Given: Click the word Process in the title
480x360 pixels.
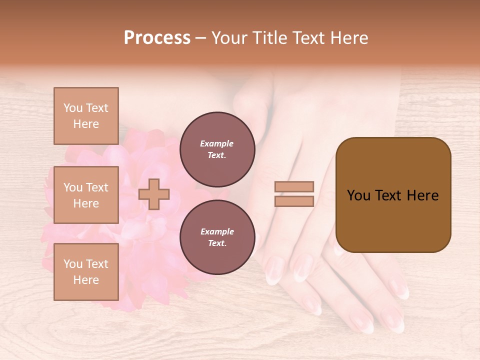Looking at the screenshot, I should click(157, 38).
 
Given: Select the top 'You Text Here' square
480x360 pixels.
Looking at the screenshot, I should click(86, 116).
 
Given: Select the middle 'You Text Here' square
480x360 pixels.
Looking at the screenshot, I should click(86, 195).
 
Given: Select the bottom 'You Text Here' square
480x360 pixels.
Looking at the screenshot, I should click(86, 271).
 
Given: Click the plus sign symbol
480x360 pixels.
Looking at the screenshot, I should click(154, 194).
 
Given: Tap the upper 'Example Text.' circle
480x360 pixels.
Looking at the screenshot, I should click(217, 149).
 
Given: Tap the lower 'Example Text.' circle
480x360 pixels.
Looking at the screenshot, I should click(217, 237).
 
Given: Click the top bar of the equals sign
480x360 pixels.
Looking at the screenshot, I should click(294, 187).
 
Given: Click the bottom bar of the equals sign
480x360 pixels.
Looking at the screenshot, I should click(294, 201).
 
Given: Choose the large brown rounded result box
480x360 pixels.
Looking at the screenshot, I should click(393, 195).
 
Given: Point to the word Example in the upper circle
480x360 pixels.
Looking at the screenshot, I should click(217, 144).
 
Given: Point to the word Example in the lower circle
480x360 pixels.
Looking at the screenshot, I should click(217, 232).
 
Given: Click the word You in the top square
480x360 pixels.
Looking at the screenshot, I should click(72, 108).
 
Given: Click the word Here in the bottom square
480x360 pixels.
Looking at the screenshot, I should click(86, 280).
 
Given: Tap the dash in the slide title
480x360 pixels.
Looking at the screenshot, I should click(200, 38).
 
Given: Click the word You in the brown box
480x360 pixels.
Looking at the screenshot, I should click(358, 195).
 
